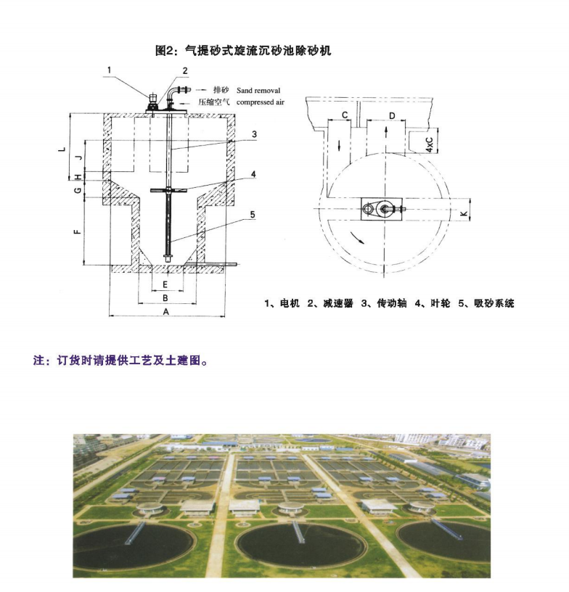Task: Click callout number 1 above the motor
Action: click(109, 70)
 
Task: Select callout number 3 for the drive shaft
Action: click(254, 134)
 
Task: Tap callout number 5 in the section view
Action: click(253, 215)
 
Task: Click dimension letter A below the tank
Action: click(165, 311)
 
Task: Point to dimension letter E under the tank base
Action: click(165, 284)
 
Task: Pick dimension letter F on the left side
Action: click(78, 231)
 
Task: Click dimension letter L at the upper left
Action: click(62, 149)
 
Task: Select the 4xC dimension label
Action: click(430, 144)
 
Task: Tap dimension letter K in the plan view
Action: click(464, 214)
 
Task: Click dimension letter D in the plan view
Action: click(392, 115)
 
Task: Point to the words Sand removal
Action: click(258, 90)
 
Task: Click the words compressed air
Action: click(260, 102)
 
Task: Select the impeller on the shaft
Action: click(167, 190)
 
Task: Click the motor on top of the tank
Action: click(152, 98)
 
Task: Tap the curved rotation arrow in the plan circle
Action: click(357, 238)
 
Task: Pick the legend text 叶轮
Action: click(441, 303)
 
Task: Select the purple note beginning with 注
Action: click(120, 360)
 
